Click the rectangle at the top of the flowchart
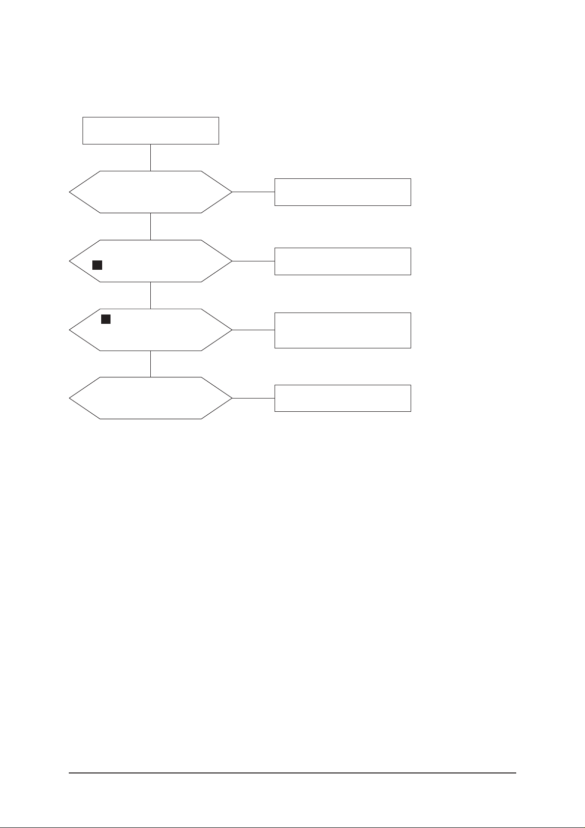[x=150, y=131]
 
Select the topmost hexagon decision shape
[x=150, y=192]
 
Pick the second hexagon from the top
[x=150, y=261]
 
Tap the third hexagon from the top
[x=150, y=330]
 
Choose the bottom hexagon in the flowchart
[x=150, y=398]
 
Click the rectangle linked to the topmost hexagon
[x=342, y=192]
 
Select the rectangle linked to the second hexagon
[x=342, y=261]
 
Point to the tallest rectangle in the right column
[x=342, y=330]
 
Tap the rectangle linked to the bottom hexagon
[x=342, y=398]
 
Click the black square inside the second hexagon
[x=97, y=265]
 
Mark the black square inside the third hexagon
[x=106, y=319]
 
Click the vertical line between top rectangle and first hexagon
[x=150, y=157]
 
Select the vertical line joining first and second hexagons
[x=150, y=226]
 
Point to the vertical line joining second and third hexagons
[x=150, y=295]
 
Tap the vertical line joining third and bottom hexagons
[x=150, y=364]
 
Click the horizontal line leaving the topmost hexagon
[x=253, y=192]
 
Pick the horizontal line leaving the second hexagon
[x=253, y=261]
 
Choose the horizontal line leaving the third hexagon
[x=253, y=330]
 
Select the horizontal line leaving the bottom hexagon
[x=253, y=398]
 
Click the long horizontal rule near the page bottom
[x=292, y=773]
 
